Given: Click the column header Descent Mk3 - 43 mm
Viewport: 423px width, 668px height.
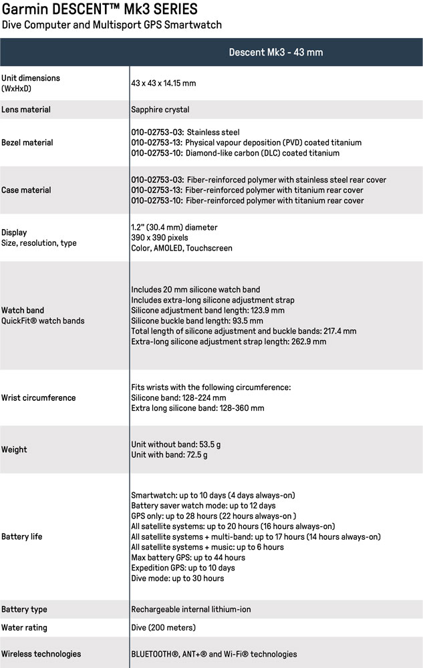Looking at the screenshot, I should pos(277,52).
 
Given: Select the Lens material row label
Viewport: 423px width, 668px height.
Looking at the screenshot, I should pos(26,110).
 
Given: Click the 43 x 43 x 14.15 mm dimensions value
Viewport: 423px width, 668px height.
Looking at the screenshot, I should pos(163,83).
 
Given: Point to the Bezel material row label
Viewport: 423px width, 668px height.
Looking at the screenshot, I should pos(27,142).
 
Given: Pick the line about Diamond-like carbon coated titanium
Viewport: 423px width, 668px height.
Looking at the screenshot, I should pos(235,153).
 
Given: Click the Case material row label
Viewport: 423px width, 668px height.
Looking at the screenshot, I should pos(25,190).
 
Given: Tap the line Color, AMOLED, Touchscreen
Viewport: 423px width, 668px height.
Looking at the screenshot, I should pos(182,248).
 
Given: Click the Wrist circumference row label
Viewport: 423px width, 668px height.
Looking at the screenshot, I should pos(38,397).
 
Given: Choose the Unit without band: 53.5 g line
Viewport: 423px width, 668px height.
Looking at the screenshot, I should pos(174,444).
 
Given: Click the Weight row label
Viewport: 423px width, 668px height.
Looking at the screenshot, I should pos(14,450).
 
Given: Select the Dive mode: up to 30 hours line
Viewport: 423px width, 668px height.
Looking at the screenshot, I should pos(177,578).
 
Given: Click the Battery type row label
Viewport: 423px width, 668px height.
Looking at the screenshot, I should pos(24,609).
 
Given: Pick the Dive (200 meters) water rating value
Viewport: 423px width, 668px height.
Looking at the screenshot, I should pos(163,628).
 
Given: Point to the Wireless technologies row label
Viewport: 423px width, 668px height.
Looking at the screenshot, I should pos(41,654).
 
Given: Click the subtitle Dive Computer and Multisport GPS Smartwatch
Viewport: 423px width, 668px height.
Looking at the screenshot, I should pos(112,25).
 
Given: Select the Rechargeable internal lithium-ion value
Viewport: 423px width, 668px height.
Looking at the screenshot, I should pos(191,609).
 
